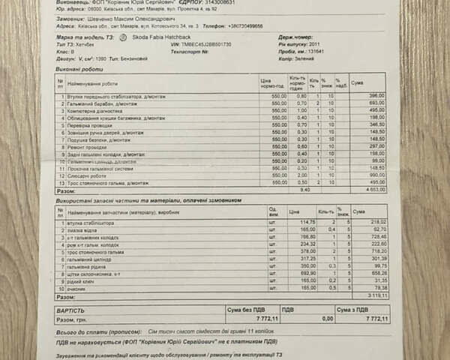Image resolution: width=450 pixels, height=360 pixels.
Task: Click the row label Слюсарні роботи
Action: (84, 175)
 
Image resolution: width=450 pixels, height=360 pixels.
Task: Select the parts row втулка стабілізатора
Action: (88, 223)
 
